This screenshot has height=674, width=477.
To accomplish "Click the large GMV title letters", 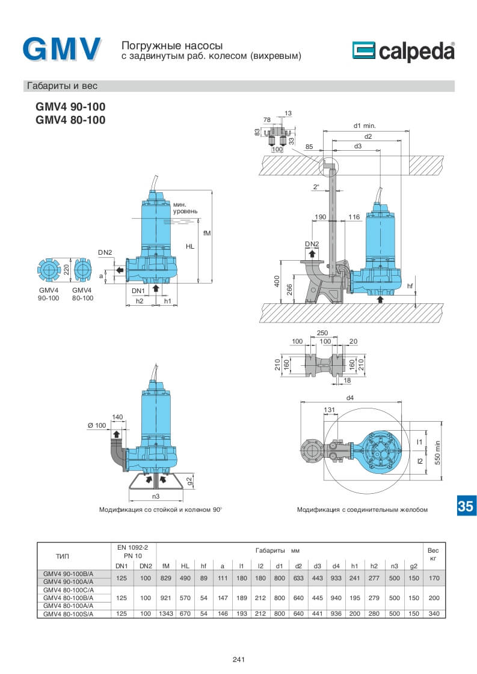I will click(62, 49).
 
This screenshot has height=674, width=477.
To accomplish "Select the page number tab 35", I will click(465, 506).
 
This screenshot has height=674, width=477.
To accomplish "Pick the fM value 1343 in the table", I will click(166, 613).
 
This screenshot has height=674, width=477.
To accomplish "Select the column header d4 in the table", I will click(336, 566).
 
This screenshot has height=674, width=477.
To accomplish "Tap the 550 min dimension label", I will click(438, 450).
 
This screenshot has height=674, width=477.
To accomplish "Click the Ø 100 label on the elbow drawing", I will click(97, 425).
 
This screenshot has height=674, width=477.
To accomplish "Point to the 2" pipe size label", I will click(316, 187).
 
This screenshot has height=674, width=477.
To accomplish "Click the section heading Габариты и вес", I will click(62, 86).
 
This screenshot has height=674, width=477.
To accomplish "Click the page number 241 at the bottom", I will click(238, 660).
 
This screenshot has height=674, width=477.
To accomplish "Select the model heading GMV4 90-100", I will click(70, 107).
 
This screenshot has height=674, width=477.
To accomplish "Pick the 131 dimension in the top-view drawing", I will click(329, 410).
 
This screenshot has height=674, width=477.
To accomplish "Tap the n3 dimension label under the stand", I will click(155, 496).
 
